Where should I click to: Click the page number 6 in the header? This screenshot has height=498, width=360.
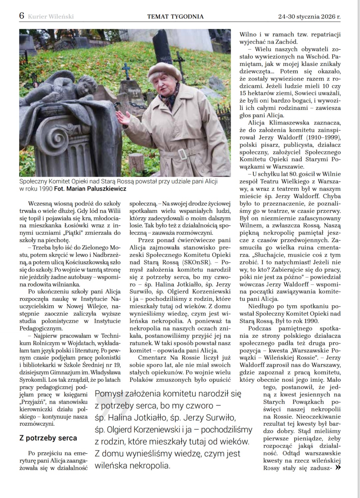[22, 16]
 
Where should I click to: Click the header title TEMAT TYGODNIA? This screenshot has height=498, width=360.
[175, 16]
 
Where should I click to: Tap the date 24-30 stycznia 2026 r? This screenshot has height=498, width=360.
[309, 16]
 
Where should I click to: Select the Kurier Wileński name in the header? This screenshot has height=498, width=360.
[51, 16]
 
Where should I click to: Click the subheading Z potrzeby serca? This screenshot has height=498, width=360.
[48, 438]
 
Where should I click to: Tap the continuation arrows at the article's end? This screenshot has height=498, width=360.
[338, 468]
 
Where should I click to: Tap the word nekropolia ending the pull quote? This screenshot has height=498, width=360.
[149, 465]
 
